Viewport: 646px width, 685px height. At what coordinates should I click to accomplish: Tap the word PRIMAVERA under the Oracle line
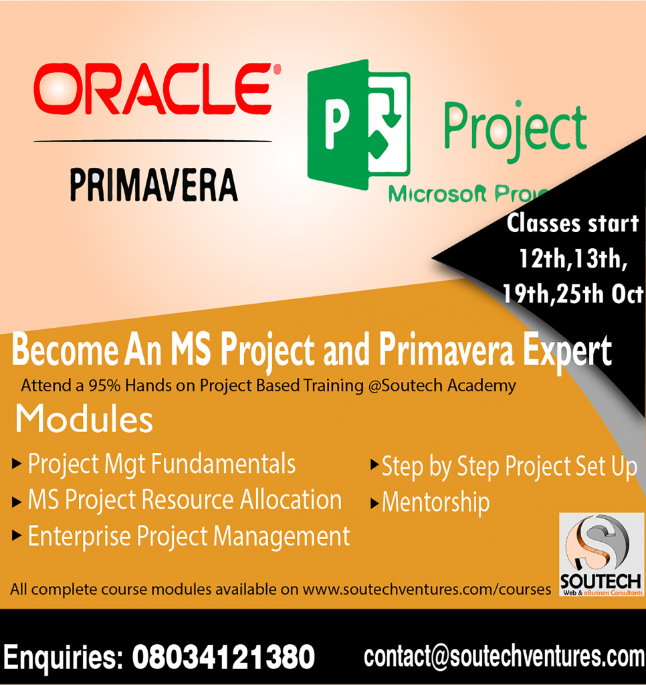click(x=153, y=185)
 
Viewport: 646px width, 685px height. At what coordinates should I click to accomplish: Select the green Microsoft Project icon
click(x=358, y=124)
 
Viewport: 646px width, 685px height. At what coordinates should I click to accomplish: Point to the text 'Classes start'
click(x=572, y=223)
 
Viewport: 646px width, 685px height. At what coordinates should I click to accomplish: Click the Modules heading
click(x=84, y=420)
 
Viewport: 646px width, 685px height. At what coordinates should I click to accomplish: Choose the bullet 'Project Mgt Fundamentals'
click(x=161, y=464)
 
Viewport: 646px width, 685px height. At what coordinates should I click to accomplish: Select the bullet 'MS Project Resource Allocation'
click(x=184, y=500)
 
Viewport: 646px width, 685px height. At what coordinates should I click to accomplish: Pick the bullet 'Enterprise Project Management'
click(x=188, y=536)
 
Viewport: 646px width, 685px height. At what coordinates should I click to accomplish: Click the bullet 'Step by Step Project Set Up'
click(x=508, y=467)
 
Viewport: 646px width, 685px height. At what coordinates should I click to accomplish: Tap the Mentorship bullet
click(x=435, y=502)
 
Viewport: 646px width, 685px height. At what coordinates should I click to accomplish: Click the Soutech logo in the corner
click(x=601, y=554)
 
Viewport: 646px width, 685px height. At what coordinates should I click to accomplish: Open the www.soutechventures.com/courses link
click(x=427, y=590)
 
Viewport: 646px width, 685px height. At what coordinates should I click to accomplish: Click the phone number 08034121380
click(x=223, y=657)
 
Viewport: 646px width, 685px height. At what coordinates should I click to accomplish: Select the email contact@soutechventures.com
click(x=504, y=656)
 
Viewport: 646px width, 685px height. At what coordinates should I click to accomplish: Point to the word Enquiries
click(x=62, y=657)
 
